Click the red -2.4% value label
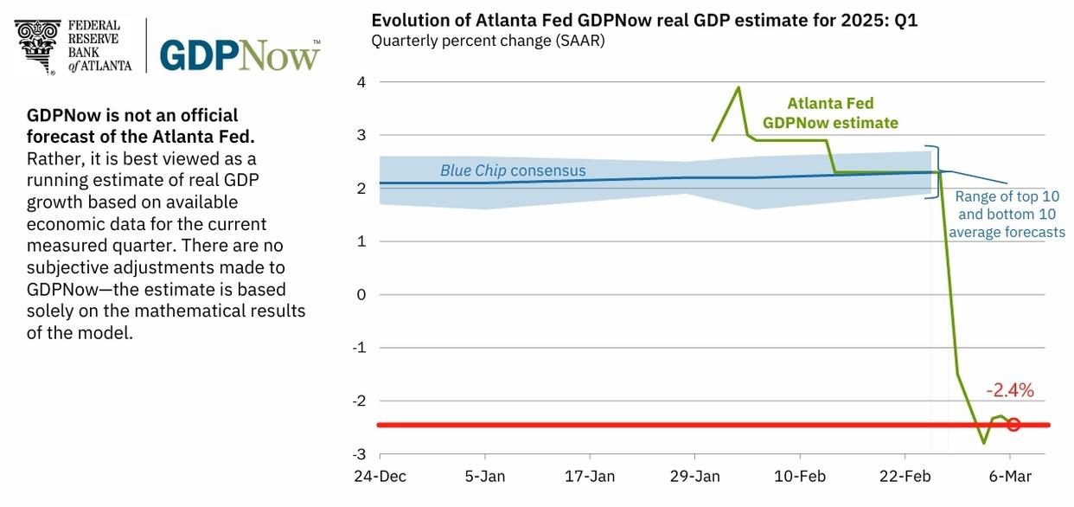tap(1010, 390)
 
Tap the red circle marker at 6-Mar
tap(1013, 425)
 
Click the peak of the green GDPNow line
tap(738, 87)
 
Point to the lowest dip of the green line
tap(983, 443)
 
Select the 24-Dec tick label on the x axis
tap(380, 477)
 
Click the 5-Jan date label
tap(486, 477)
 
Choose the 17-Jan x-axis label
tap(591, 477)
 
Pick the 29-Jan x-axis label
tap(695, 477)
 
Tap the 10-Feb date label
tap(800, 477)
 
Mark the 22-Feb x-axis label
tap(905, 477)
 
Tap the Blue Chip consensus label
tap(513, 170)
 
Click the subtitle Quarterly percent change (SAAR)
tap(488, 41)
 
